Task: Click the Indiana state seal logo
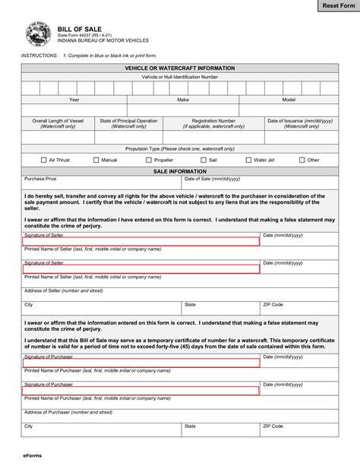[35, 34]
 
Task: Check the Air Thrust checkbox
[43, 160]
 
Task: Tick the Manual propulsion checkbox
[96, 160]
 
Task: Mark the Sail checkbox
[204, 160]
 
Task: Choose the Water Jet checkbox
[247, 160]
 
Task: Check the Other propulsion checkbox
[302, 160]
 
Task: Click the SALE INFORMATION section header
[180, 172]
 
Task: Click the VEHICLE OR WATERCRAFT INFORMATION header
[180, 68]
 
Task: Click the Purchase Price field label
[40, 179]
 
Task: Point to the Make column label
[183, 100]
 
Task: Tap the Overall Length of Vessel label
[57, 121]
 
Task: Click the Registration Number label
[213, 121]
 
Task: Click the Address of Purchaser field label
[68, 412]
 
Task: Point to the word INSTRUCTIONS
[38, 56]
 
